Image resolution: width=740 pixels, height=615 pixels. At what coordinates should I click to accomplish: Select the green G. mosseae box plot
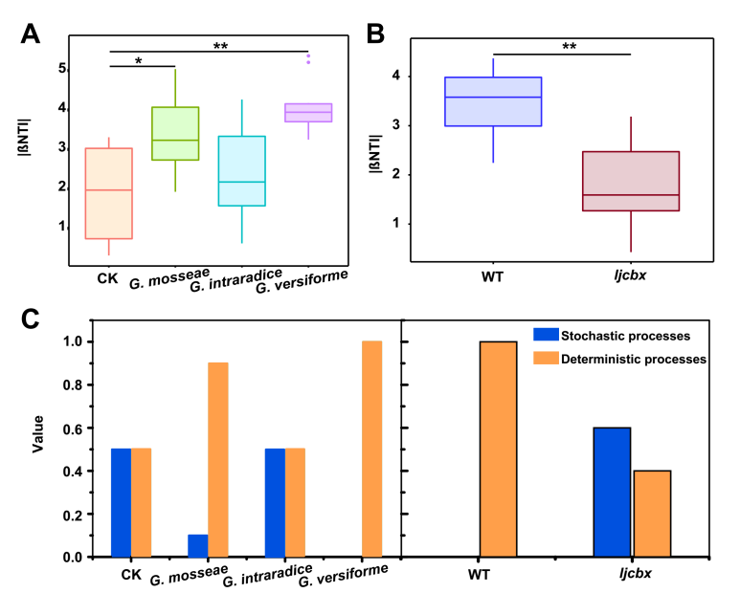(x=174, y=133)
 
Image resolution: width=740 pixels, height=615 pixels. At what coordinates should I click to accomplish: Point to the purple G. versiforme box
(x=308, y=113)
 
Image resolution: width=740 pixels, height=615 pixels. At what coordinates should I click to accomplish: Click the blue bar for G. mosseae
(x=197, y=545)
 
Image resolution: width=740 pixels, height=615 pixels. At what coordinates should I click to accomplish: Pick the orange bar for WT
(x=498, y=449)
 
